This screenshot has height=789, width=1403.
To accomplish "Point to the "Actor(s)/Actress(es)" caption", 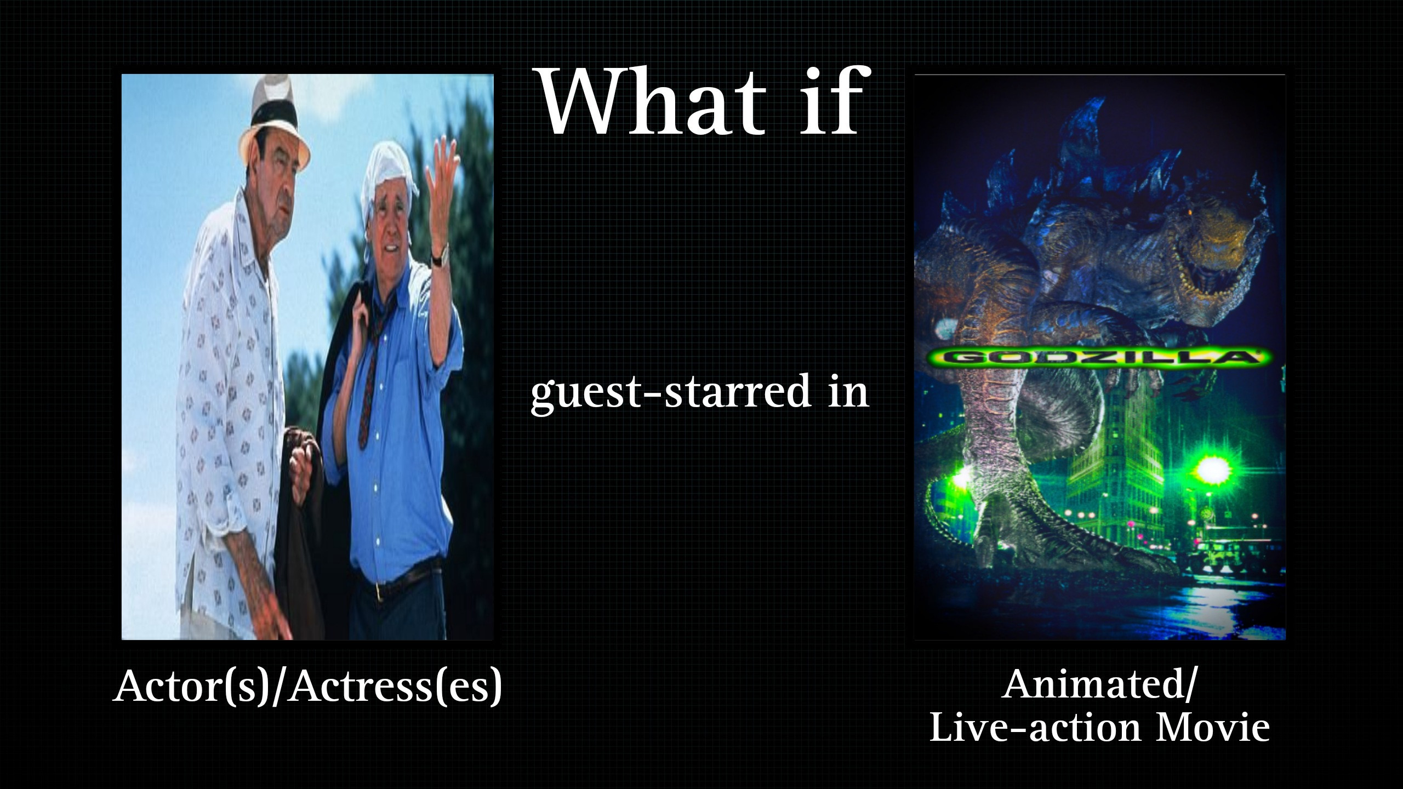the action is tap(307, 686).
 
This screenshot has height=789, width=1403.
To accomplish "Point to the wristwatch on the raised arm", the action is tap(440, 255).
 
